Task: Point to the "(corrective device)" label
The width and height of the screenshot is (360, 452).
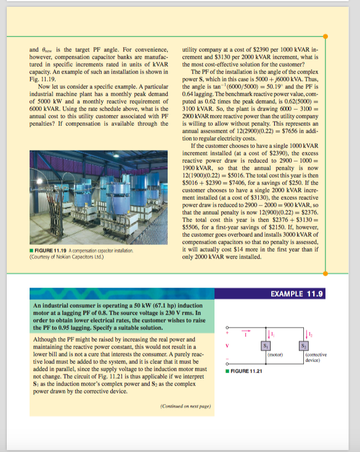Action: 316,358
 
